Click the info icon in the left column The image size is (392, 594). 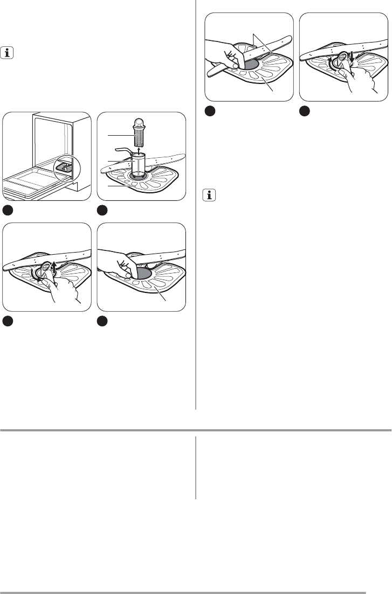coord(9,53)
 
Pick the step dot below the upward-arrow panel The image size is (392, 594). coord(9,320)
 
